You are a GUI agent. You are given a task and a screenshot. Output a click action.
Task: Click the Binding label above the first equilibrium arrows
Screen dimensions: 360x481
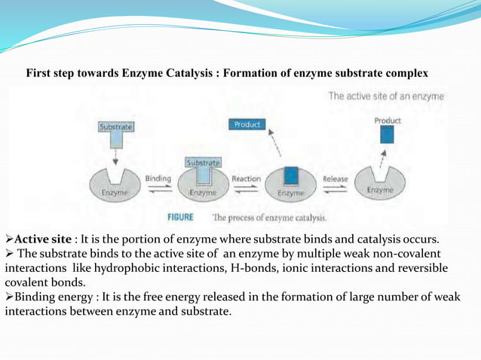tap(158, 179)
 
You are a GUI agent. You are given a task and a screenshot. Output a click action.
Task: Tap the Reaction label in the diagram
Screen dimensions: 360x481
tap(247, 179)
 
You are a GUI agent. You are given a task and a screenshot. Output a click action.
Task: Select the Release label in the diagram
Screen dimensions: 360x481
tap(335, 179)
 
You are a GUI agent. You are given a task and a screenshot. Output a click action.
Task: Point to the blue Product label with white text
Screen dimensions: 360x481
tap(247, 124)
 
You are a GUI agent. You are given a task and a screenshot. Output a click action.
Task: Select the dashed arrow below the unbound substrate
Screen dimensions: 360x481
tap(115, 155)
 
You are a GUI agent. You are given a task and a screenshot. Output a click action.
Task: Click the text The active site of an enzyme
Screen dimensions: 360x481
tap(386, 96)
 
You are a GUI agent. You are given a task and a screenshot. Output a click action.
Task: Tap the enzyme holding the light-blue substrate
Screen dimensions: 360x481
tap(203, 186)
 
